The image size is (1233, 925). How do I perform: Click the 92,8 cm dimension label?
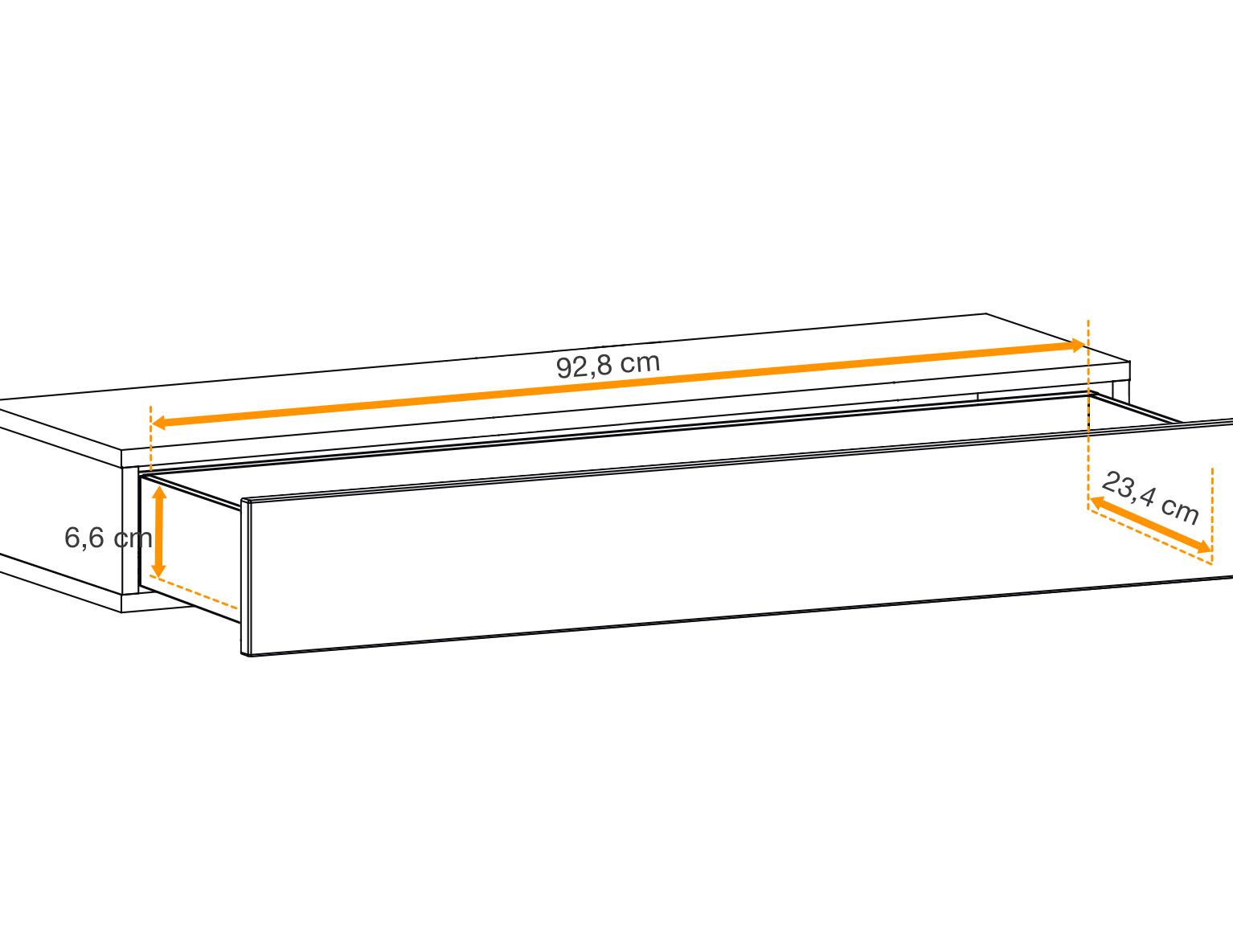tap(608, 365)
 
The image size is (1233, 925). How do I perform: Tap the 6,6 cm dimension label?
tap(109, 538)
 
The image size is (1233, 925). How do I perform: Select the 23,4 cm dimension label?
tap(1150, 498)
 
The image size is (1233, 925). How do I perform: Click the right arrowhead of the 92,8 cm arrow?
tap(1076, 346)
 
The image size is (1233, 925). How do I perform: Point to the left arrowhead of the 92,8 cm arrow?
tap(160, 423)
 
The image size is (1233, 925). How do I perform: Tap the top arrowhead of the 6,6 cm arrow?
tap(159, 493)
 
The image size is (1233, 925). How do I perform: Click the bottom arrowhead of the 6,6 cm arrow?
tap(159, 570)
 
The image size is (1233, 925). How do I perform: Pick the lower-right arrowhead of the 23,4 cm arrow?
tap(1204, 547)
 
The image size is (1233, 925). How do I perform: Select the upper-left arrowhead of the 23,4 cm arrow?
tap(1097, 501)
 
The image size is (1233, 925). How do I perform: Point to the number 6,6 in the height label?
tap(84, 538)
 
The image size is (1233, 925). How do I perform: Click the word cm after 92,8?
tap(641, 362)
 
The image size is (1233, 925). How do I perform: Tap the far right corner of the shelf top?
tap(1129, 362)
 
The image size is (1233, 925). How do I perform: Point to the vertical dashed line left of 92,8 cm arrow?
tap(150, 438)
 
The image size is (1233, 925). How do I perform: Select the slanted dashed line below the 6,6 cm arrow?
tap(194, 592)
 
